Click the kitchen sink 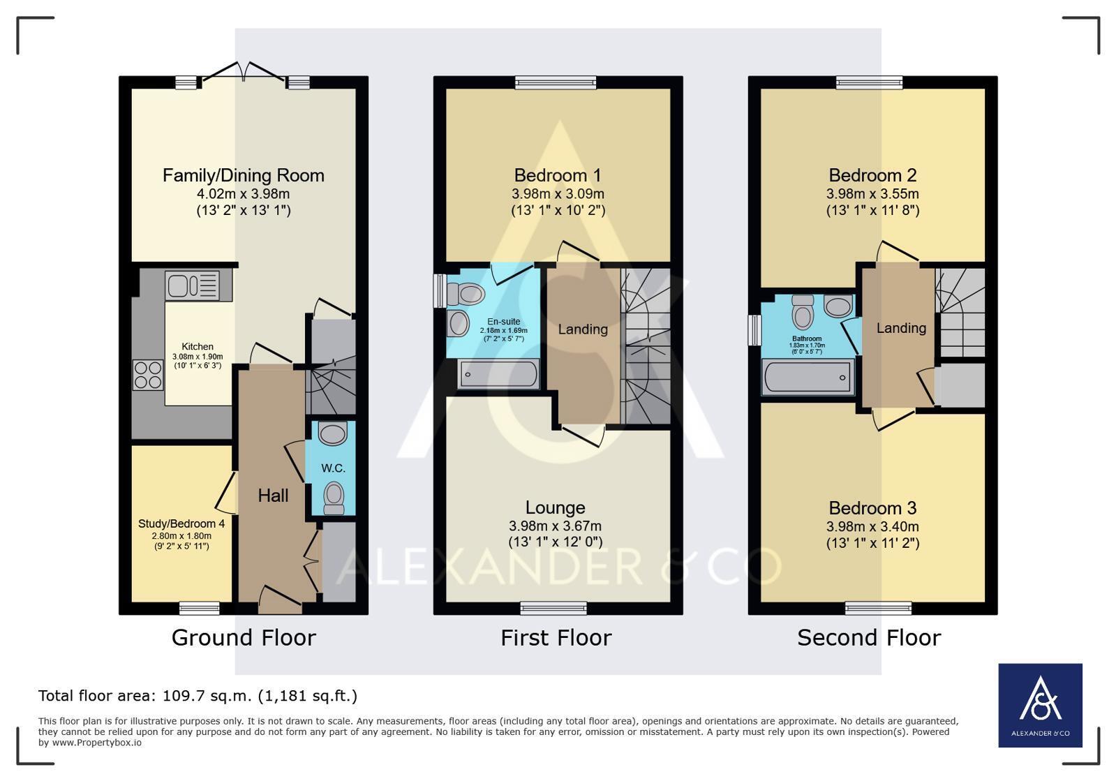(193, 286)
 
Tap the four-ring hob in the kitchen (148, 375)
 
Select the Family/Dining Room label (244, 175)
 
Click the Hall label (273, 496)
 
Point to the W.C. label (334, 468)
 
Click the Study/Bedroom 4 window (200, 608)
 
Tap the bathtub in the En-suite (499, 374)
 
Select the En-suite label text (504, 322)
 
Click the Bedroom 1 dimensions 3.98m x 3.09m (558, 194)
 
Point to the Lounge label (556, 507)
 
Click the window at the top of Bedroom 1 (556, 82)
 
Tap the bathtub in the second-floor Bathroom (808, 377)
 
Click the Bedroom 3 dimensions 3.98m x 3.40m (873, 526)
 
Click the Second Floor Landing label (901, 328)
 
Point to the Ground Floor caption (244, 638)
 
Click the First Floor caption (556, 638)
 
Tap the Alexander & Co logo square (1040, 706)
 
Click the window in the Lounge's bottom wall (553, 608)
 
